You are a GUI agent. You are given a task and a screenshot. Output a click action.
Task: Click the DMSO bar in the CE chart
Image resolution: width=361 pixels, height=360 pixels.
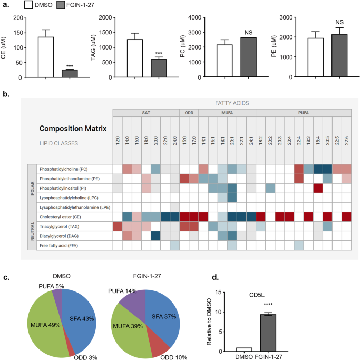(46, 57)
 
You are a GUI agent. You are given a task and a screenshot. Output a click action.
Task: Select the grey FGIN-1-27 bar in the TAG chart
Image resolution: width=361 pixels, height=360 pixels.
(159, 68)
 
